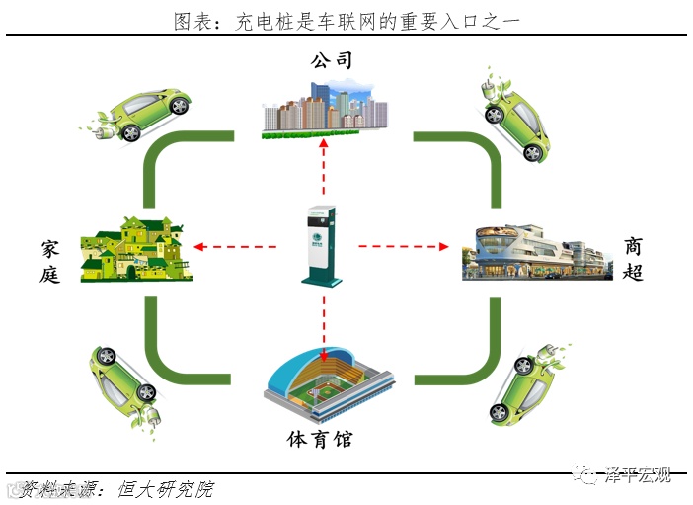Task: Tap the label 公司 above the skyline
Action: click(331, 61)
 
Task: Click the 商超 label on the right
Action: click(633, 259)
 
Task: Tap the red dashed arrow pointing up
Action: click(324, 174)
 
